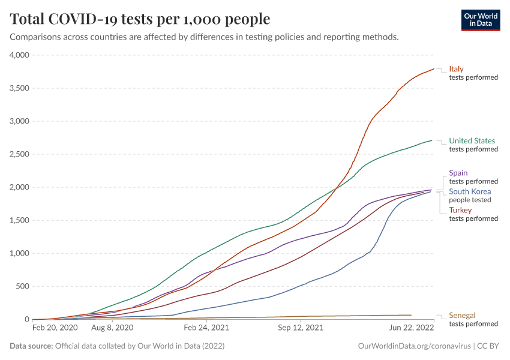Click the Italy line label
(x=456, y=69)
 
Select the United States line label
(x=472, y=141)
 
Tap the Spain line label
(x=458, y=173)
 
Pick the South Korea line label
(x=470, y=191)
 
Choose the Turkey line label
(x=460, y=210)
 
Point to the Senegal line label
(x=462, y=315)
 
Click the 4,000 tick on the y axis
(x=20, y=55)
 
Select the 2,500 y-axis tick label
(x=20, y=154)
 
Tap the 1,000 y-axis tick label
(x=20, y=253)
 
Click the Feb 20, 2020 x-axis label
(x=55, y=328)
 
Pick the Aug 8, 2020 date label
(x=112, y=328)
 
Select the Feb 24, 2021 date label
(x=206, y=328)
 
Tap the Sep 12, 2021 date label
(x=301, y=328)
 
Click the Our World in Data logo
(x=480, y=20)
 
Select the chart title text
(x=140, y=19)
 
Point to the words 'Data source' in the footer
(x=31, y=346)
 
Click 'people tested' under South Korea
(x=470, y=200)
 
